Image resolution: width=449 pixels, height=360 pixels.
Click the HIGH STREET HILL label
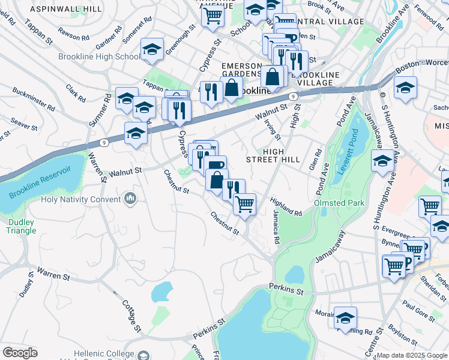273,155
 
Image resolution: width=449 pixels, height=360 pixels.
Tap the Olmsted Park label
339,203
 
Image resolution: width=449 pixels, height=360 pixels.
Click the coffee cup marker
215,166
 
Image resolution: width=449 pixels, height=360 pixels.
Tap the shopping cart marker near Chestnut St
244,205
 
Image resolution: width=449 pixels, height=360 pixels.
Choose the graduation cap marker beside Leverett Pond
382,161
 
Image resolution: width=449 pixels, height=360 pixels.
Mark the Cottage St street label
132,317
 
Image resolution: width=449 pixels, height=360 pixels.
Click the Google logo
20,353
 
